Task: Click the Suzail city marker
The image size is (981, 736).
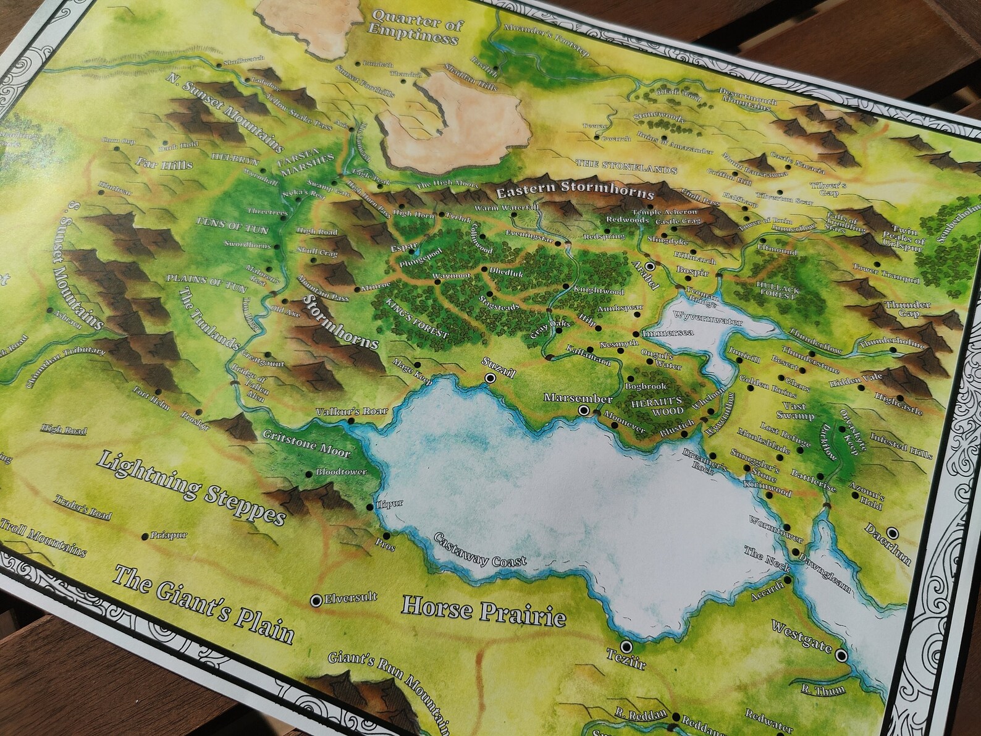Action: coord(490,377)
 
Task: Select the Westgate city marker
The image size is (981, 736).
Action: coord(841,655)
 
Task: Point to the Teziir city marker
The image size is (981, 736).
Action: coord(627,646)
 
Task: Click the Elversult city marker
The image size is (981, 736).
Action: coord(317,599)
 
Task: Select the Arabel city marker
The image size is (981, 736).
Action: coord(650,266)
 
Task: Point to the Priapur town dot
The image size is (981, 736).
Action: coord(145,536)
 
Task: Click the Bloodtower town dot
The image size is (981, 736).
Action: coord(309,474)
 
